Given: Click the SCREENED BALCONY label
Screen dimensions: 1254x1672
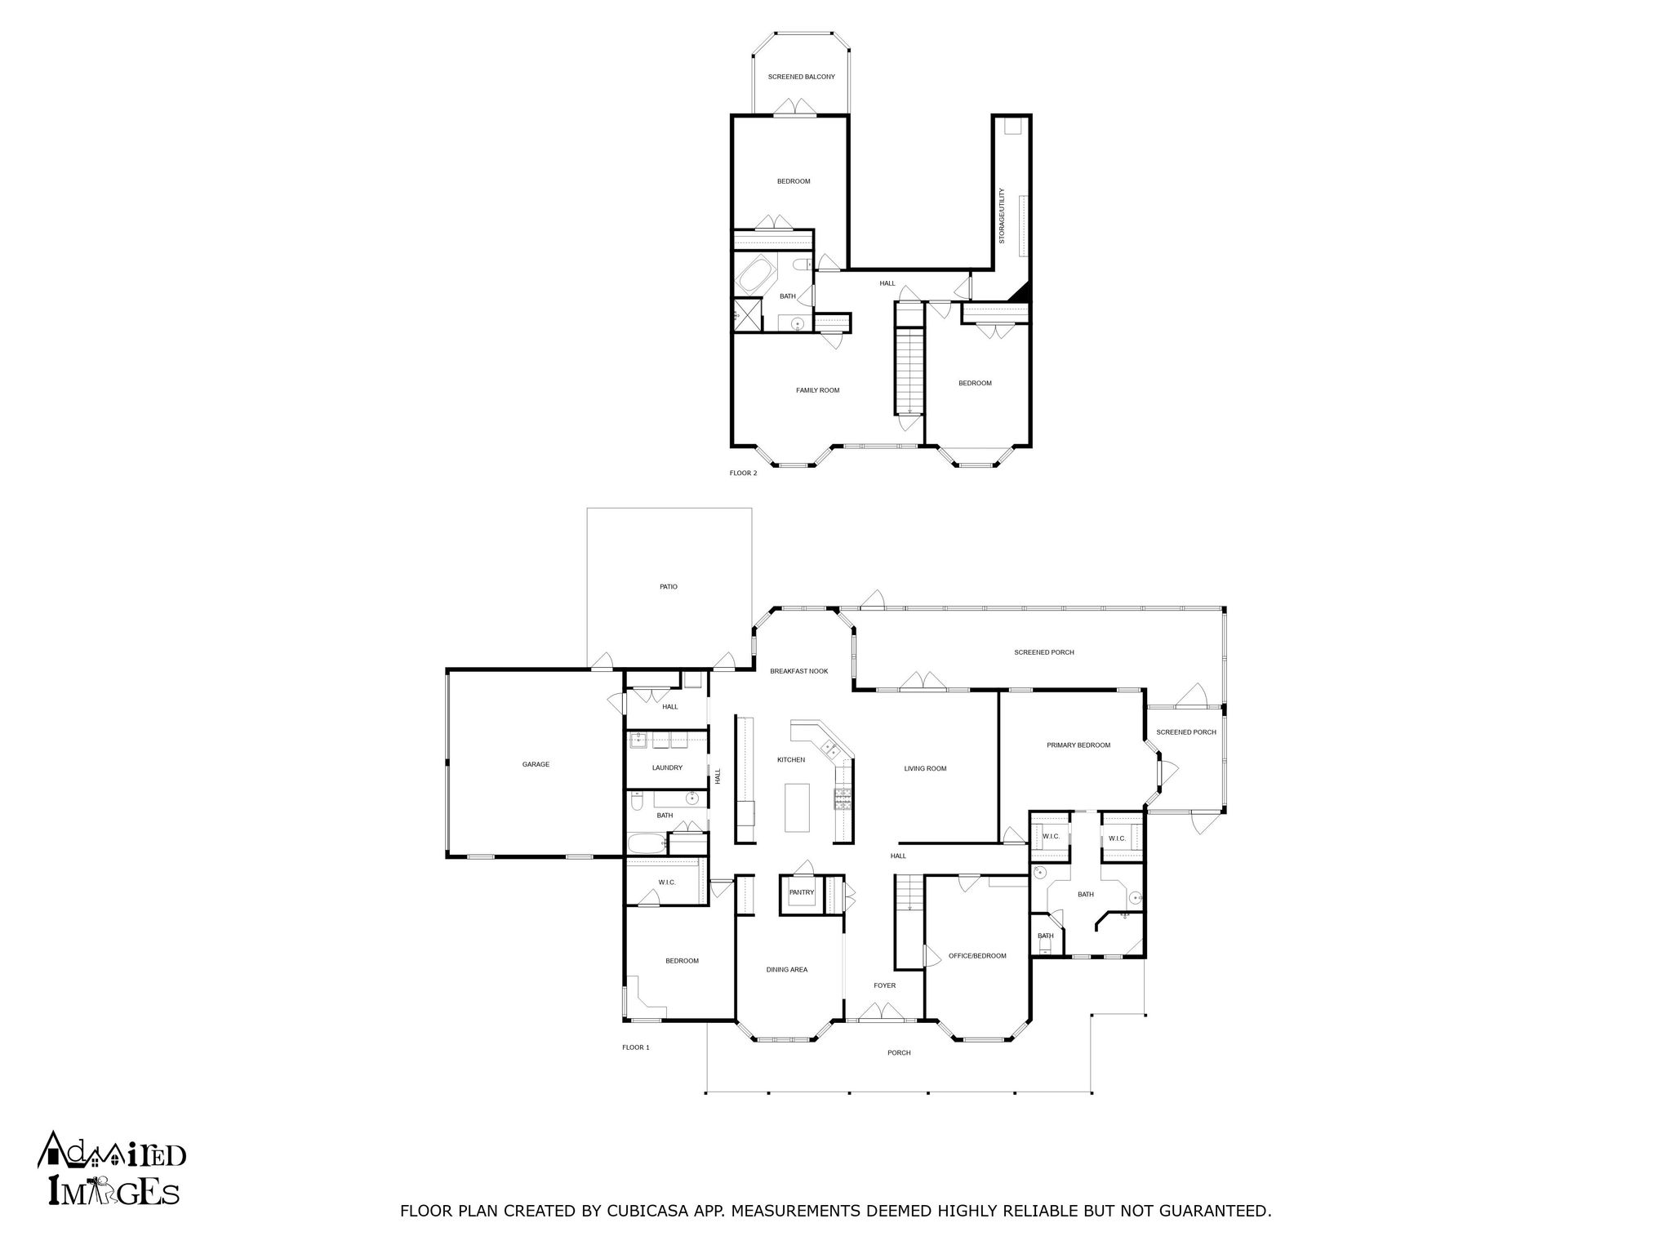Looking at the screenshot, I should click(801, 77).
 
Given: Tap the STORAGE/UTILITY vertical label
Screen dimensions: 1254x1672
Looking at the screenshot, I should click(1002, 216).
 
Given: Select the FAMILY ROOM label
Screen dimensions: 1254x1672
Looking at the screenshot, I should click(817, 390).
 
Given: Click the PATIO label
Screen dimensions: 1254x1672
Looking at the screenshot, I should click(669, 586).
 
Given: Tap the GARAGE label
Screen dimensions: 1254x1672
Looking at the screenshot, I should click(536, 764).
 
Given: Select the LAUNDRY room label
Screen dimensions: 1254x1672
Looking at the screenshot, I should click(667, 767).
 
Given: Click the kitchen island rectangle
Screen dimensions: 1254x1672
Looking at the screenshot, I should click(797, 807).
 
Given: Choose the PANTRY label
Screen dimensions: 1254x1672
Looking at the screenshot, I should click(801, 892).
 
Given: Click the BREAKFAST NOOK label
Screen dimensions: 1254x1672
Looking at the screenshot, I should click(798, 671).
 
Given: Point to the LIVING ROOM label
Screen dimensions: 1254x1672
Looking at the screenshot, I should click(925, 768).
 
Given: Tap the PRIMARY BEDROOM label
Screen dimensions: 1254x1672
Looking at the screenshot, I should click(1078, 745).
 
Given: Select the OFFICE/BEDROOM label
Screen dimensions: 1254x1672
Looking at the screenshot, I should click(976, 956).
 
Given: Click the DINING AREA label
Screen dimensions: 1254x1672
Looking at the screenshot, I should click(787, 970).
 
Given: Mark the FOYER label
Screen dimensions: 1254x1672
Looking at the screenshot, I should click(884, 985).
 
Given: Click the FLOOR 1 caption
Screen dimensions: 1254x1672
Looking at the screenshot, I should click(635, 1047).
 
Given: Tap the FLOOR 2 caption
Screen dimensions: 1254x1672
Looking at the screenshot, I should click(743, 473).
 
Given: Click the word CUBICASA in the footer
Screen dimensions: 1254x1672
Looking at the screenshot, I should click(647, 1211).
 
